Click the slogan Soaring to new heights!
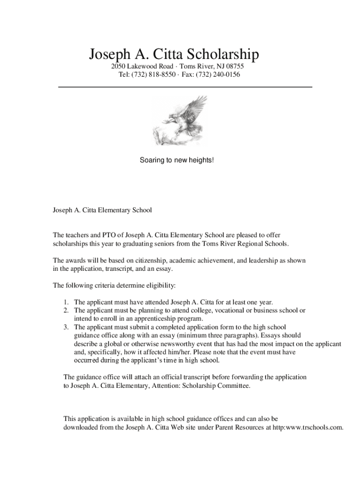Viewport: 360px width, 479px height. (x=177, y=160)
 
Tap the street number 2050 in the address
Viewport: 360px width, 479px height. (x=112, y=66)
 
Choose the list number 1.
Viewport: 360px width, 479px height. (x=66, y=302)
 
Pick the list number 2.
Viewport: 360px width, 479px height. (x=66, y=310)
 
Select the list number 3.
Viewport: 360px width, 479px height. (x=66, y=327)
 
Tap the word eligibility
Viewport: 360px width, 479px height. (x=159, y=285)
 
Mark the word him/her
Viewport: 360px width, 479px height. (x=178, y=352)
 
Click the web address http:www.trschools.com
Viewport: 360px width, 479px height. (x=304, y=428)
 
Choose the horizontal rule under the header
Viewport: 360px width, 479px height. (x=185, y=87)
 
